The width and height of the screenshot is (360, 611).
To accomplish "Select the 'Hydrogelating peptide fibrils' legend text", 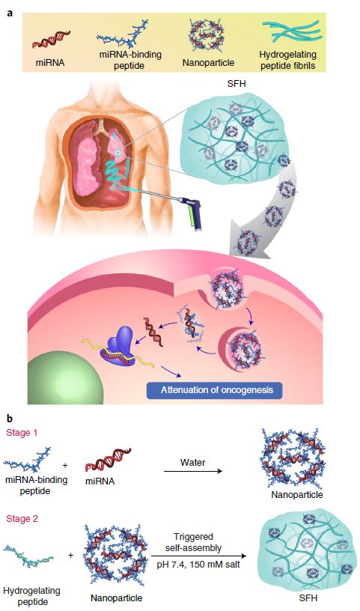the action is (287, 60).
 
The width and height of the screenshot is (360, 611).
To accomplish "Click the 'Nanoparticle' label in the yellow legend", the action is (209, 62).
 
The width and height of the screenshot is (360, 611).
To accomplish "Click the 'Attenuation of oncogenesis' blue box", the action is (214, 389).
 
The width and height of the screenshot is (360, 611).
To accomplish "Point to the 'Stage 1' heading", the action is (22, 433).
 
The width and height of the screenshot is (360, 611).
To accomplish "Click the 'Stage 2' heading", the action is (22, 519).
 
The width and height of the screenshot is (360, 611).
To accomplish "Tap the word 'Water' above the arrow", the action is (193, 462).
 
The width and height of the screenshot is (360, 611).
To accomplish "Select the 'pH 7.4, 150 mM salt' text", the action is (198, 564).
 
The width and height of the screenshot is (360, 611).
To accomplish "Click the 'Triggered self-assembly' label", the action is (193, 542).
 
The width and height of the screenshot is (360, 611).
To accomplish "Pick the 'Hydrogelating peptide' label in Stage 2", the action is (31, 596).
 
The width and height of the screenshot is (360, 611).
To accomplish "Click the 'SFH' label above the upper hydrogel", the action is (237, 83).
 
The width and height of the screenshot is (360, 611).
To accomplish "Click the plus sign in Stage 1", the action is (64, 466).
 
